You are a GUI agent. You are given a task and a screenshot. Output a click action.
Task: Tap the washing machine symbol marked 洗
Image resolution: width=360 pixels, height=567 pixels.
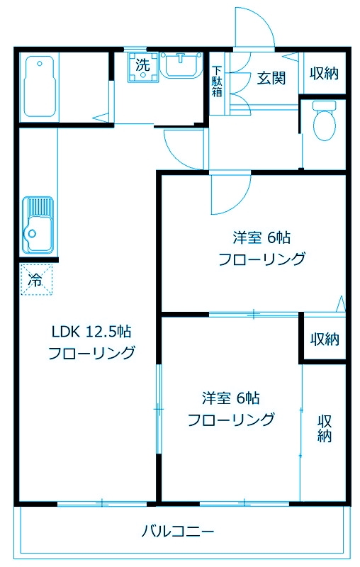[x=142, y=66]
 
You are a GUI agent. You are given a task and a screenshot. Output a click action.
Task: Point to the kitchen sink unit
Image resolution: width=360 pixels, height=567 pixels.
[x=38, y=223]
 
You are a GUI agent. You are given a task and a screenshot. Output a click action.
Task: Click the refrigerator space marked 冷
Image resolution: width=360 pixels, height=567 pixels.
[x=35, y=279]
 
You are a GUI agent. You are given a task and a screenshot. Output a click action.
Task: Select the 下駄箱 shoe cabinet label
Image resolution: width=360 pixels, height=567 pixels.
[x=217, y=82]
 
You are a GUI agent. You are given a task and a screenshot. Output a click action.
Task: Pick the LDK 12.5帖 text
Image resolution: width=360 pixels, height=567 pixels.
[x=91, y=332]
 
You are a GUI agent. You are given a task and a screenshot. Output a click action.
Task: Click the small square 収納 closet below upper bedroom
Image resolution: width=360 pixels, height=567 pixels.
[x=325, y=339]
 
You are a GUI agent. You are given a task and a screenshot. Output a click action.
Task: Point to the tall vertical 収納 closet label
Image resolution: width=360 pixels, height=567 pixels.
[x=325, y=427]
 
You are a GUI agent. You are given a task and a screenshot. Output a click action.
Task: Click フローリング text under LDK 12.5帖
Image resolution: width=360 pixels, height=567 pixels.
[x=91, y=353]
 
